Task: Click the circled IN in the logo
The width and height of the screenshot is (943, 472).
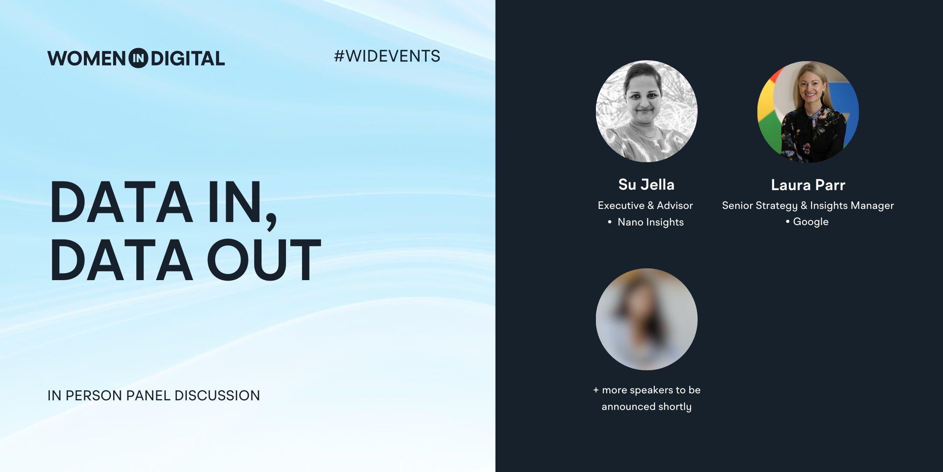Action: (x=138, y=58)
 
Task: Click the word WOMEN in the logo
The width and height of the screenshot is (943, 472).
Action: (x=86, y=59)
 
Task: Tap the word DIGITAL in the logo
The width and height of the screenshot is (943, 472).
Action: (x=188, y=59)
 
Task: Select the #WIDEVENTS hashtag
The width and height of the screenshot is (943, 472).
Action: (x=387, y=56)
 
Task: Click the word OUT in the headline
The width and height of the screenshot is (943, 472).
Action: (x=264, y=260)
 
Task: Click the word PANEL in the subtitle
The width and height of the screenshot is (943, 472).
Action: (x=148, y=396)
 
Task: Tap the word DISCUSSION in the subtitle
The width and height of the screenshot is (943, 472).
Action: (x=217, y=396)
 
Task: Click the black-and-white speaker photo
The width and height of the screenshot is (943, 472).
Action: (x=647, y=111)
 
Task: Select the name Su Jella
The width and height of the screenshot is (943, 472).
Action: (x=647, y=184)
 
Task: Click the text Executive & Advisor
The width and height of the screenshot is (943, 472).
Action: (x=645, y=205)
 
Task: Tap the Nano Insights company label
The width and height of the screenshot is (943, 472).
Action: (x=650, y=222)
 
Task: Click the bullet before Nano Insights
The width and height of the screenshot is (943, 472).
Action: (x=610, y=222)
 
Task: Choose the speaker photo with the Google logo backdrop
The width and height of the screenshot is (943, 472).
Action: (x=808, y=112)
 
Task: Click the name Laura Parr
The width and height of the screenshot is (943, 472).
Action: (x=808, y=185)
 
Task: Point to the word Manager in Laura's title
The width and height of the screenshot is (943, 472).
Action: (x=872, y=205)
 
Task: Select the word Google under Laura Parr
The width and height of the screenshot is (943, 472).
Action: (x=811, y=222)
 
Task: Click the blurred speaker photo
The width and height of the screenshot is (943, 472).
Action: (x=647, y=319)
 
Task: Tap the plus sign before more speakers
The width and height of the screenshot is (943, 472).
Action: (x=596, y=390)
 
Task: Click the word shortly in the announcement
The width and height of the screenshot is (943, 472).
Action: (x=675, y=407)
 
